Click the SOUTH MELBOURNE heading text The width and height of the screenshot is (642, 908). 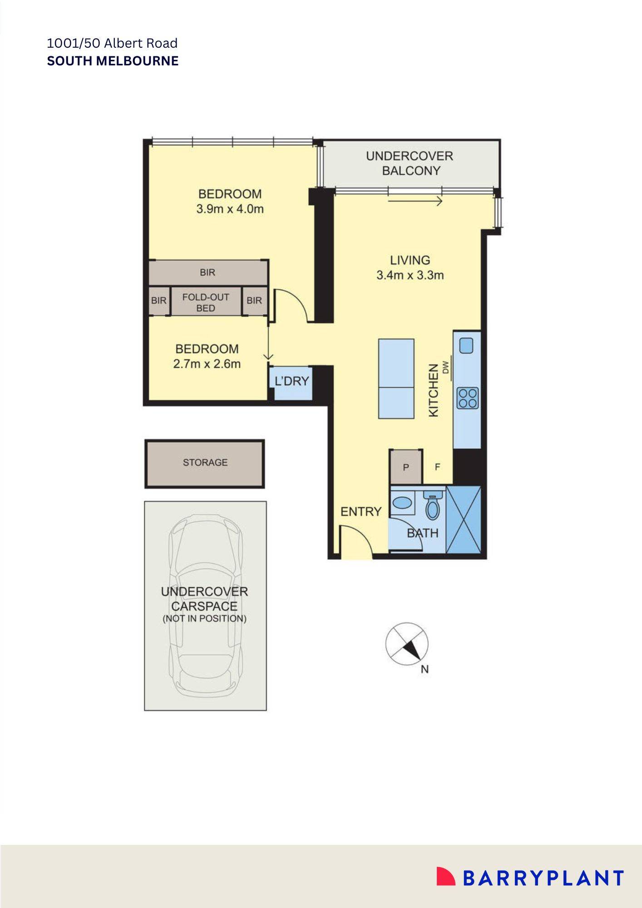pyautogui.click(x=113, y=61)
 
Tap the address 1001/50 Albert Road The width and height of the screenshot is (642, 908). pyautogui.click(x=112, y=43)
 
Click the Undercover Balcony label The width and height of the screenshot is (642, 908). pyautogui.click(x=410, y=163)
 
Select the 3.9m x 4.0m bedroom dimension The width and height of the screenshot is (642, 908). pyautogui.click(x=230, y=209)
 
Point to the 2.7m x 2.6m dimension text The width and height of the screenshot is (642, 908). pyautogui.click(x=207, y=364)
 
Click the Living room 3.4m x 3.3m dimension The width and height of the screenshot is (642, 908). pyautogui.click(x=410, y=275)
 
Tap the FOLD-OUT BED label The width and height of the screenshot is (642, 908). pyautogui.click(x=206, y=302)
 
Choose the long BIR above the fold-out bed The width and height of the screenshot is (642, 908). pyautogui.click(x=207, y=272)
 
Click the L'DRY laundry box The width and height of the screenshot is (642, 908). pyautogui.click(x=291, y=381)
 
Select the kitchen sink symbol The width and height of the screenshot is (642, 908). pyautogui.click(x=466, y=346)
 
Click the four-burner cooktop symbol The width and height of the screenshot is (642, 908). pyautogui.click(x=467, y=399)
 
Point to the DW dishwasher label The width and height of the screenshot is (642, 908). pyautogui.click(x=445, y=367)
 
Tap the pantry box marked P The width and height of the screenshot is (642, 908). pyautogui.click(x=406, y=467)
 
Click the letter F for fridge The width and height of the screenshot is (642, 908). pyautogui.click(x=437, y=467)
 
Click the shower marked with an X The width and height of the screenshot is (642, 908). pyautogui.click(x=463, y=519)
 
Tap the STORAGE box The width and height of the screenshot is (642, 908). pyautogui.click(x=205, y=463)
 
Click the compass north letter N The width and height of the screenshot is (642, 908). pyautogui.click(x=425, y=669)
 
